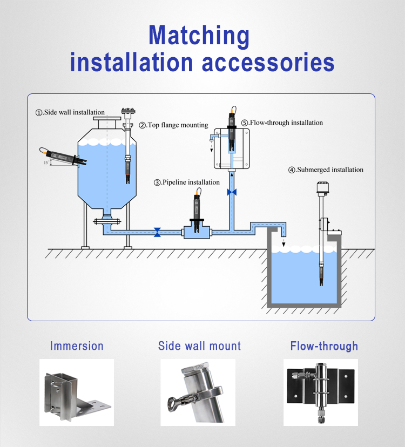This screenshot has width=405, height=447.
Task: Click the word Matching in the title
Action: coord(199,36)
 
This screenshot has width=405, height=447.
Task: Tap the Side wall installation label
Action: coord(70,112)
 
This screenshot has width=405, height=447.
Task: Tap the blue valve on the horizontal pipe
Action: coord(157,232)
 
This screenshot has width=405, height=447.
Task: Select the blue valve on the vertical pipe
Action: coord(232,192)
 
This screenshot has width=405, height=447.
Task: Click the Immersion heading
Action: coord(77,346)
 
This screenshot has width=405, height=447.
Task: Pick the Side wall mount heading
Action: coord(200,346)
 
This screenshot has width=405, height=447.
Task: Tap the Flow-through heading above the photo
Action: coord(324,346)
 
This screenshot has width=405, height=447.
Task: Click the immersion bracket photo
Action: coord(77,392)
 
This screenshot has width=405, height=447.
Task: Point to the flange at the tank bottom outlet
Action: coord(105,221)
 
